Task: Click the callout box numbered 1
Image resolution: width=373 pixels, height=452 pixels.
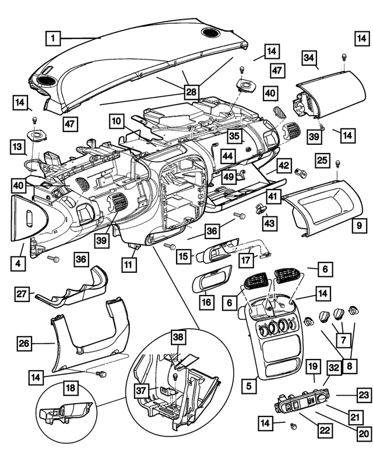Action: click(53, 38)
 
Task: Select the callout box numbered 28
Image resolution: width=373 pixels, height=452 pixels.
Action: click(191, 92)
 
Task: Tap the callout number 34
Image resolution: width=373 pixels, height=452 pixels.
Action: click(309, 58)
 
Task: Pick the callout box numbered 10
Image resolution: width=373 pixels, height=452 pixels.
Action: click(117, 121)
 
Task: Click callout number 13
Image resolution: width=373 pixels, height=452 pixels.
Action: click(17, 147)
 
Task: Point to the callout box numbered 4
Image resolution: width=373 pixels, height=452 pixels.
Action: click(18, 264)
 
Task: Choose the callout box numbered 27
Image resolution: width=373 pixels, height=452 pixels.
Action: click(22, 294)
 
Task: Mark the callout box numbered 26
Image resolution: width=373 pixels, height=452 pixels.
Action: click(24, 343)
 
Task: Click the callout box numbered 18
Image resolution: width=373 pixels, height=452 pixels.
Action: click(71, 387)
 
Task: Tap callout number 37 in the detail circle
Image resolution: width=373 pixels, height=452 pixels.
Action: click(141, 391)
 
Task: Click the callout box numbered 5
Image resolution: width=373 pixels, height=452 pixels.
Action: click(249, 386)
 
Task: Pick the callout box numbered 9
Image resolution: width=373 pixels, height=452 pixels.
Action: click(360, 225)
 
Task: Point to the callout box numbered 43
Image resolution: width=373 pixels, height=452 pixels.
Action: click(270, 223)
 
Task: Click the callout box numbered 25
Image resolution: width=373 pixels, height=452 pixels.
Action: click(322, 159)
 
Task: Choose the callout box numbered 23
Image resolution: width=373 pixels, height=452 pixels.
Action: click(364, 395)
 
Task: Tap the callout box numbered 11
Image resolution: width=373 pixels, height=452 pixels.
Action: click(129, 264)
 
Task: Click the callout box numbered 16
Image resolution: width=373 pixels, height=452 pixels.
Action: click(207, 302)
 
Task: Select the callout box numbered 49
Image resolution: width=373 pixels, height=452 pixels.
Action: click(229, 176)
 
